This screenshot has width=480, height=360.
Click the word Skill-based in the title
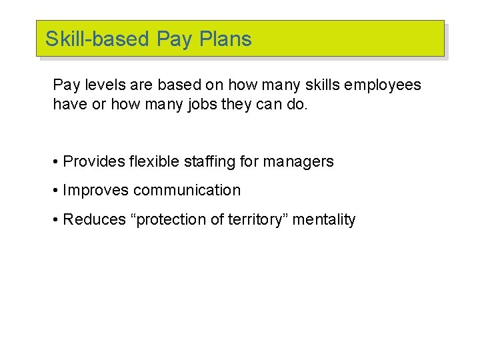pos(97,39)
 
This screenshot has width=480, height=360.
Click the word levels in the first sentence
pos(101,85)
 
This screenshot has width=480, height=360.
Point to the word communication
pos(187,190)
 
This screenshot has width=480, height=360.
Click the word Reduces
pos(93,219)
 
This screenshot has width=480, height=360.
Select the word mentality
pos(325,220)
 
